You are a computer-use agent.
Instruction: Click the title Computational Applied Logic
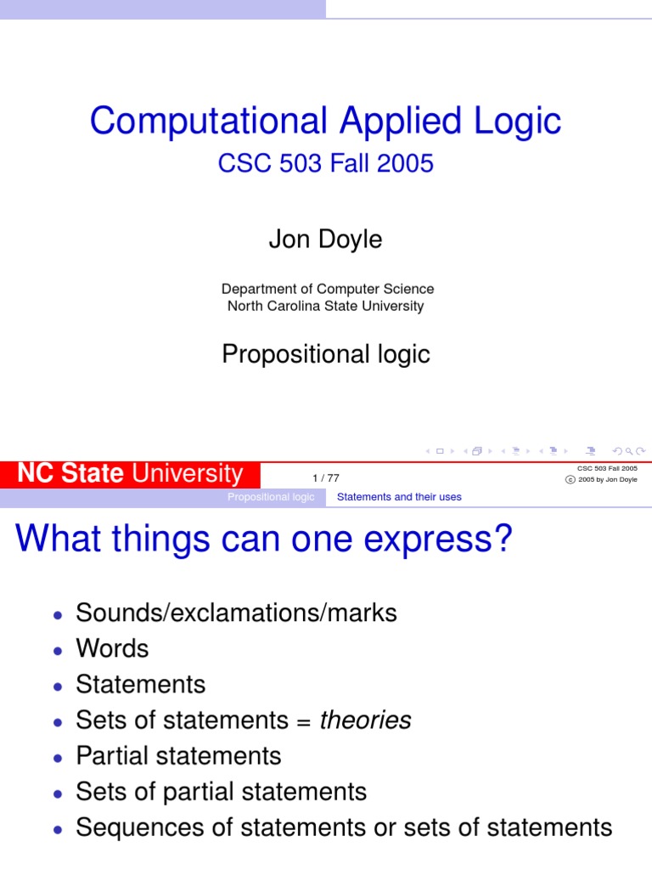[x=326, y=121]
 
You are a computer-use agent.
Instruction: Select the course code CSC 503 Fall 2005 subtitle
[x=326, y=163]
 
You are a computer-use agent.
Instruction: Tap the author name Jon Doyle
[x=326, y=240]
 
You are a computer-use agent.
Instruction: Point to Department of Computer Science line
[x=327, y=289]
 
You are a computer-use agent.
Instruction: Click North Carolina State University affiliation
[x=326, y=306]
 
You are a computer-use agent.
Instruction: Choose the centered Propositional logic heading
[x=326, y=354]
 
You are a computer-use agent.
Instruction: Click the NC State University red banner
[x=131, y=473]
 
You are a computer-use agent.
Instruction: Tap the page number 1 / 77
[x=326, y=478]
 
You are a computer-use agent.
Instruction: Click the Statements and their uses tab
[x=399, y=496]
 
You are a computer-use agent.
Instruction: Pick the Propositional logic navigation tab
[x=271, y=496]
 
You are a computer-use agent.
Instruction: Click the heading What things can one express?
[x=265, y=539]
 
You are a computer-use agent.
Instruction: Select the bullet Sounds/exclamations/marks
[x=236, y=613]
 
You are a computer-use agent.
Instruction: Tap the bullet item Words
[x=112, y=648]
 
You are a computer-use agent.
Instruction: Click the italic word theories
[x=365, y=720]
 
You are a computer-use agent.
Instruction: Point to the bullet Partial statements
[x=178, y=755]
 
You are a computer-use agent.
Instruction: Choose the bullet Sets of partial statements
[x=221, y=792]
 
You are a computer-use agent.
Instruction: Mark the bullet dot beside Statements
[x=57, y=686]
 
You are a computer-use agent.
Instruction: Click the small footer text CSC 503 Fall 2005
[x=607, y=467]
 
